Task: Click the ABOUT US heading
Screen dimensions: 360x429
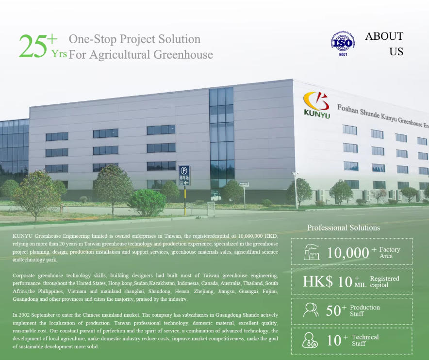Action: [x=384, y=44]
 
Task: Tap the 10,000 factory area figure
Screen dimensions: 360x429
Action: [x=348, y=253]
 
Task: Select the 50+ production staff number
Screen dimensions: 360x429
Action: [x=336, y=311]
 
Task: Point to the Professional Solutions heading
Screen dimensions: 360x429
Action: [x=344, y=228]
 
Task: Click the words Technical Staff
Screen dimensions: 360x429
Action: [x=365, y=340]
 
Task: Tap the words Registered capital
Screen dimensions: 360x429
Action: [x=384, y=282]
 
